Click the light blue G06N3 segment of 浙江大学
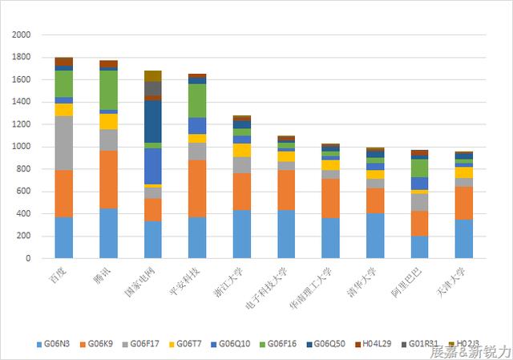[x=242, y=234]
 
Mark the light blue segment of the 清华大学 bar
[x=376, y=236]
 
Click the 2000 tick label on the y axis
[x=22, y=35]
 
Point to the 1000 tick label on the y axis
[x=22, y=147]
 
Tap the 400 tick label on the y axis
[x=24, y=214]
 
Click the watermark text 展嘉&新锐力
[x=470, y=352]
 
